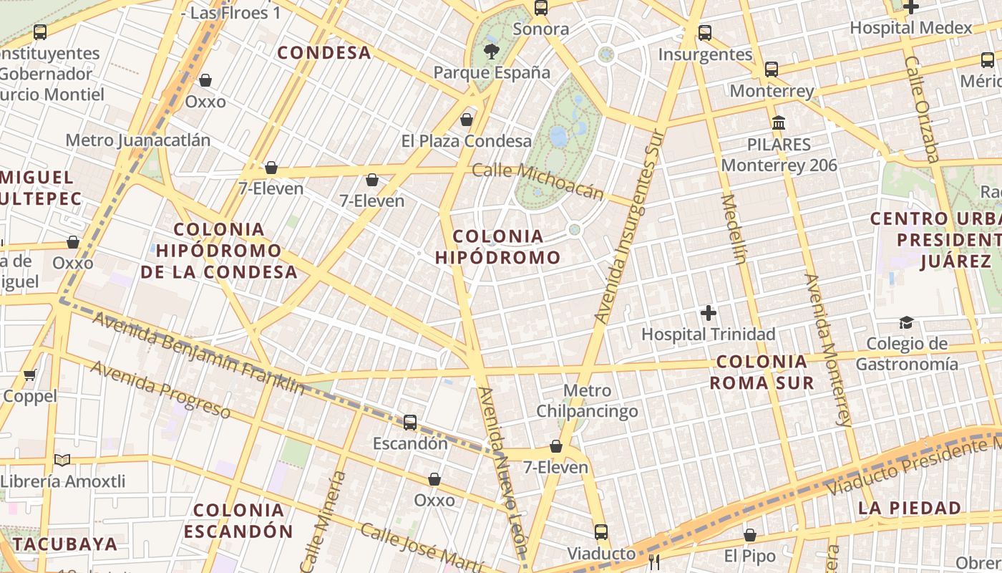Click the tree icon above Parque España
[x=491, y=51]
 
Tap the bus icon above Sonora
[x=541, y=9]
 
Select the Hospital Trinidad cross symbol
[x=709, y=313]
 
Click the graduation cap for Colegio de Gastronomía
[x=906, y=323]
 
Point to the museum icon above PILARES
[x=779, y=123]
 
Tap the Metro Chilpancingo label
[x=587, y=401]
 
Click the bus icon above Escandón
[x=410, y=423]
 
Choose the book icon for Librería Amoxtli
[x=62, y=460]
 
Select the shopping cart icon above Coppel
[x=30, y=375]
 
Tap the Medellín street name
[x=734, y=229]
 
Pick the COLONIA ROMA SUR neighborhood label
[x=762, y=372]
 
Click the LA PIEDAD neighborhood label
[x=910, y=508]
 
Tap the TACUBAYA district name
[x=65, y=544]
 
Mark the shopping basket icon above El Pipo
[x=750, y=535]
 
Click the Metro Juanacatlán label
[x=138, y=140]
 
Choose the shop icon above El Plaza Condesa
[x=467, y=120]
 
